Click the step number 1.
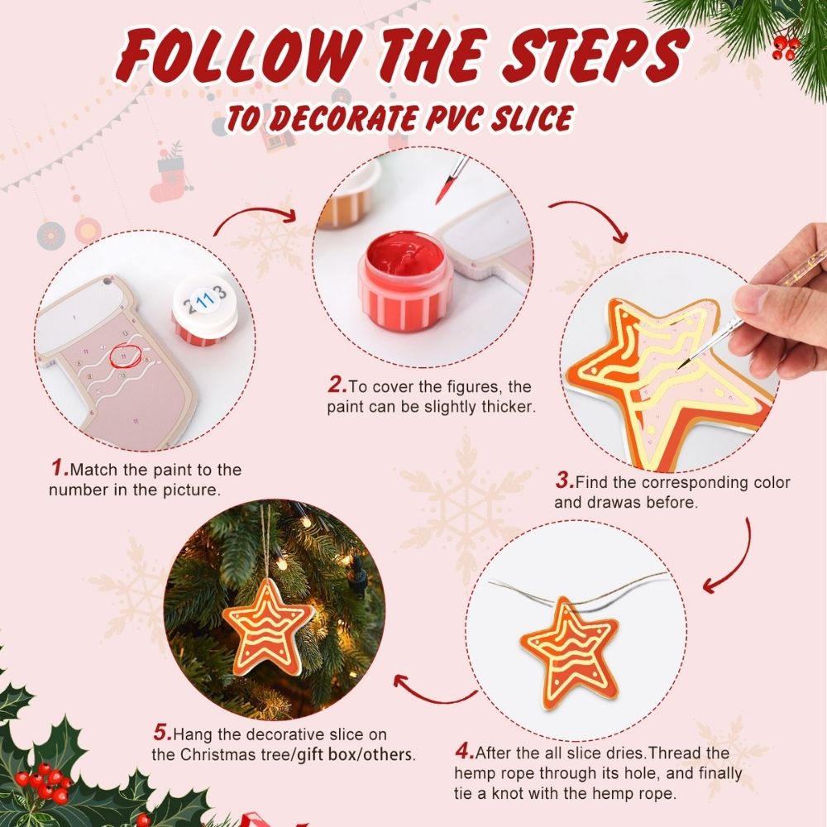coord(59,469)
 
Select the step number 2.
coord(336,385)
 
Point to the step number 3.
coord(563,481)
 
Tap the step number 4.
coord(464,753)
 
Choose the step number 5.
coord(162,734)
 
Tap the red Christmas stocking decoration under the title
coord(170,175)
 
